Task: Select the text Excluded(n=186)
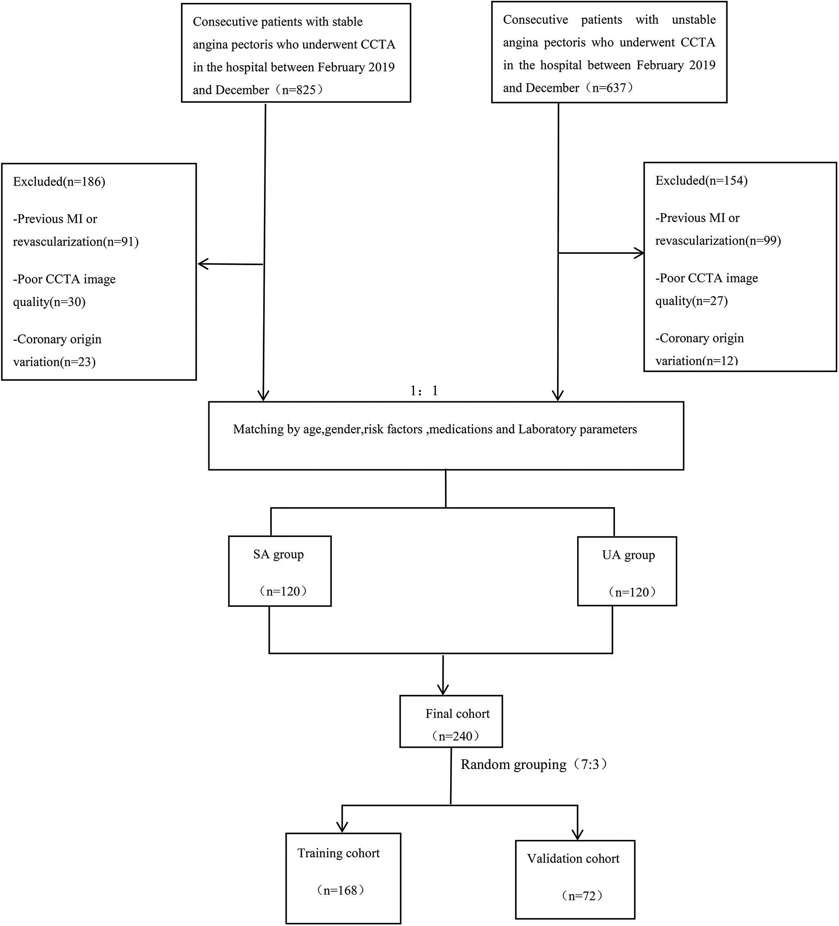pyautogui.click(x=59, y=182)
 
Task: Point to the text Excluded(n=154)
pyautogui.click(x=701, y=181)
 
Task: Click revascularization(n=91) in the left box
pyautogui.click(x=76, y=242)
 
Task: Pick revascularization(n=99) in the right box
pyautogui.click(x=718, y=241)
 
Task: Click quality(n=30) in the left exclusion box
pyautogui.click(x=49, y=302)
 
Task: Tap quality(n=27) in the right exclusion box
pyautogui.click(x=692, y=301)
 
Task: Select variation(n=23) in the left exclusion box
pyautogui.click(x=54, y=362)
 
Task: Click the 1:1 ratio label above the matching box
pyautogui.click(x=424, y=391)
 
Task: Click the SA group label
pyautogui.click(x=278, y=554)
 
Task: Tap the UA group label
pyautogui.click(x=628, y=555)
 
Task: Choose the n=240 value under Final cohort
pyautogui.click(x=455, y=736)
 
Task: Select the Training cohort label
pyautogui.click(x=339, y=853)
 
